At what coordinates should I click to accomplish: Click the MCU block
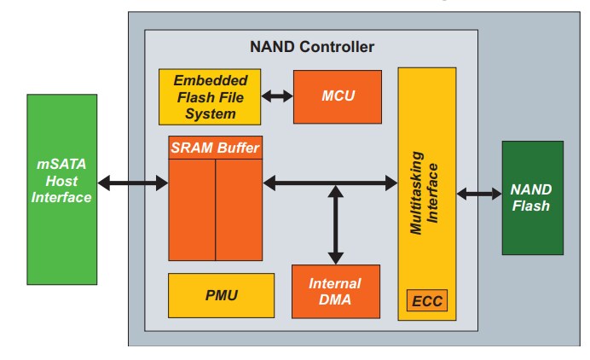333,96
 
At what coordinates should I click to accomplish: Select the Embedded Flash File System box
211,96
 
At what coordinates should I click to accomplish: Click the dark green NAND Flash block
532,197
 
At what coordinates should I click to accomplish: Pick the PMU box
221,296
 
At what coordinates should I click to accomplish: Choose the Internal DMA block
335,291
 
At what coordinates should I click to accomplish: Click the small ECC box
426,301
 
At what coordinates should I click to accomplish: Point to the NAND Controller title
311,46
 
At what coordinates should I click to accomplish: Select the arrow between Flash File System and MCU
277,96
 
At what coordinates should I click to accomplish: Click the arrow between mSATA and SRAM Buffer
133,183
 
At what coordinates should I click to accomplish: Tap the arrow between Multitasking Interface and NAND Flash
479,194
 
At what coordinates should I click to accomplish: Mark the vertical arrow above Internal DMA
335,224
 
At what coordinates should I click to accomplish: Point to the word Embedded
211,80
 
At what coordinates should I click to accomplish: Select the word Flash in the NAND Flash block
531,206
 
